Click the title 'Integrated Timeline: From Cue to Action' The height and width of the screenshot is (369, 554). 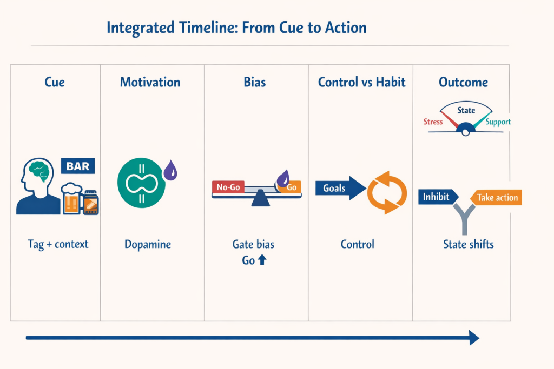[236, 28]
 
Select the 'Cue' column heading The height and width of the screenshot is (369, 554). [54, 82]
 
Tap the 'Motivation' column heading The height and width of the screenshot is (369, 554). [150, 82]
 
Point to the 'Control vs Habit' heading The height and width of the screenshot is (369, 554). [361, 82]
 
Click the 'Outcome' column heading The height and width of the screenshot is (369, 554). [463, 82]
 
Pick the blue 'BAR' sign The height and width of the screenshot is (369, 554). [78, 166]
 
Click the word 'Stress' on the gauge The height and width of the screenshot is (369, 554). [433, 122]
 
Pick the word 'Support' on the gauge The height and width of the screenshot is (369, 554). [498, 122]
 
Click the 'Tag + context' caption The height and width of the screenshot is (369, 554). [58, 244]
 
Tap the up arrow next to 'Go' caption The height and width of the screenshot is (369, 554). [262, 260]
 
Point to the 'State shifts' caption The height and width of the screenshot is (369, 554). [468, 244]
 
